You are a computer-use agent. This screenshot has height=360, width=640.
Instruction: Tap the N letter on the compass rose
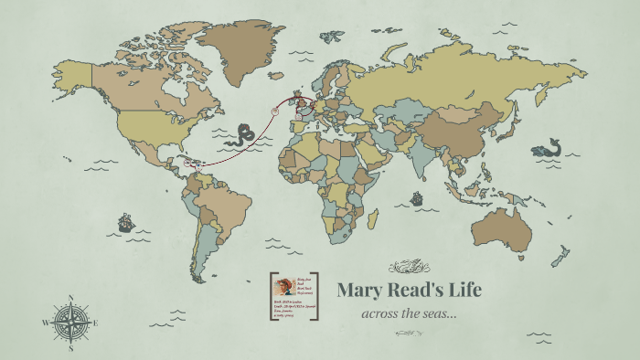[x=71, y=297]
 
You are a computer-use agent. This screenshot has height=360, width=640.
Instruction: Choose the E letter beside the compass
[x=96, y=323]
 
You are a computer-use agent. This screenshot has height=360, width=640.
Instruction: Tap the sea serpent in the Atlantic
[x=242, y=135]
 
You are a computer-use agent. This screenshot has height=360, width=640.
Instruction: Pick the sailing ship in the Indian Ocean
[x=417, y=197]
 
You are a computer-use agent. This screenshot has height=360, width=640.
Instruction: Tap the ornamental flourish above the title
[x=408, y=267]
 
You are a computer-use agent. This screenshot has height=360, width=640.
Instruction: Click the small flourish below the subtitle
[x=408, y=333]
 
